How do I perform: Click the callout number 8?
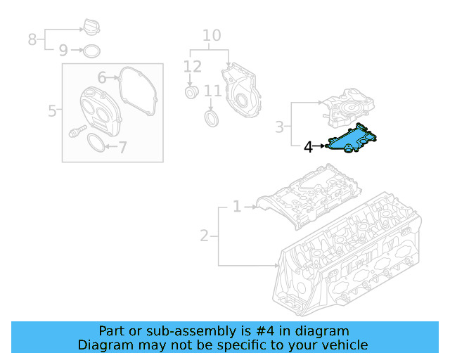pos(32,39)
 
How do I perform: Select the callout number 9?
pos(63,50)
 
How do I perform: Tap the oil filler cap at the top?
pos(91,29)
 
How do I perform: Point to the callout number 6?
pos(102,77)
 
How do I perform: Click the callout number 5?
pos(53,110)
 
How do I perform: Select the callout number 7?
pos(122,148)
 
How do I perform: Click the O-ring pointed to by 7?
pos(98,144)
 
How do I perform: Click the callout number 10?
pos(212,35)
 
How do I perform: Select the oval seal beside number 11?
pos(212,116)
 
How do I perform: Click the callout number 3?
pos(280,127)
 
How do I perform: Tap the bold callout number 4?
pos(308,147)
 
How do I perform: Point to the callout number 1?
pos(237,207)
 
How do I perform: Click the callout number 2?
pos(204,236)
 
